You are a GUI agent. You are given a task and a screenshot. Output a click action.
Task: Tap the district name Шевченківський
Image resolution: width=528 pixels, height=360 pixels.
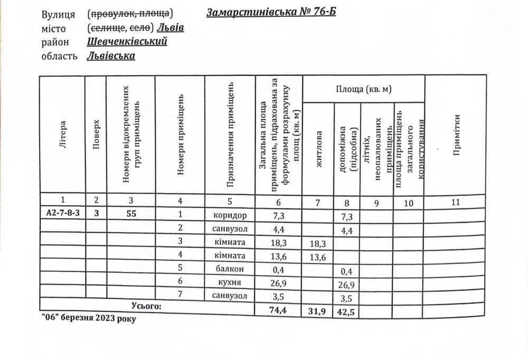point(127,41)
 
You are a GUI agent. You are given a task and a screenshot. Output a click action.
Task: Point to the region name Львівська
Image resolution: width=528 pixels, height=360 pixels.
point(110,55)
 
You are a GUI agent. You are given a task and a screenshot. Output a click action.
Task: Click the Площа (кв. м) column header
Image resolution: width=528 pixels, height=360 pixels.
point(364,89)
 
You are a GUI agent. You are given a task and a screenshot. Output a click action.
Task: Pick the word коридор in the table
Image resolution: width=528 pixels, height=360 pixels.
point(230,215)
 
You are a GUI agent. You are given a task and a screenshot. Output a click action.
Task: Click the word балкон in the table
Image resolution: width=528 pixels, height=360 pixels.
point(230,269)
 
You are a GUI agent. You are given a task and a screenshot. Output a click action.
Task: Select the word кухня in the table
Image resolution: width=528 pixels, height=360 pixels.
point(230,282)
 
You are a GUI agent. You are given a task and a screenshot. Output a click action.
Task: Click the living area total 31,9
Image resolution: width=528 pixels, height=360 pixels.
point(316,311)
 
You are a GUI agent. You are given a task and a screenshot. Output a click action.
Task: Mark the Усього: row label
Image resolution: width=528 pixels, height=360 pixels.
point(146,306)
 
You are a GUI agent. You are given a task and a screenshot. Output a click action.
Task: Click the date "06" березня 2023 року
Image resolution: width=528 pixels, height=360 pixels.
point(88,319)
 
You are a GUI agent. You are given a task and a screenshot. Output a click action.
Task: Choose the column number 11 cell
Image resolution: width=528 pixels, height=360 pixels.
point(456,201)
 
